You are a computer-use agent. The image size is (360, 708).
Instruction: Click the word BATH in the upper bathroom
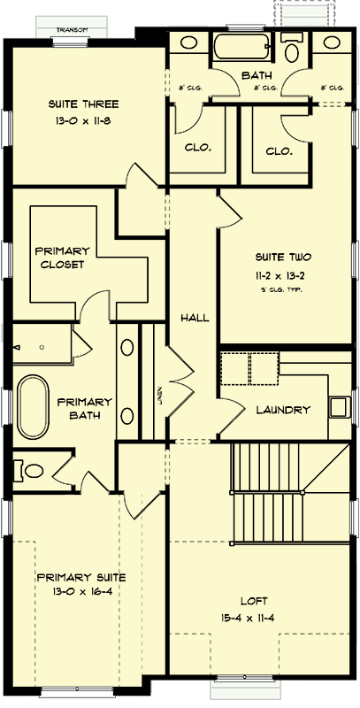[256, 76]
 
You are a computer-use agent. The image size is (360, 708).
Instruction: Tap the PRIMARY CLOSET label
[61, 257]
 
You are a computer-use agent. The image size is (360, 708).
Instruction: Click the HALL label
[195, 317]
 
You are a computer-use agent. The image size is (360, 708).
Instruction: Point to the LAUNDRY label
[282, 410]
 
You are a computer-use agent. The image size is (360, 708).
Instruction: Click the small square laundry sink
[338, 407]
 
